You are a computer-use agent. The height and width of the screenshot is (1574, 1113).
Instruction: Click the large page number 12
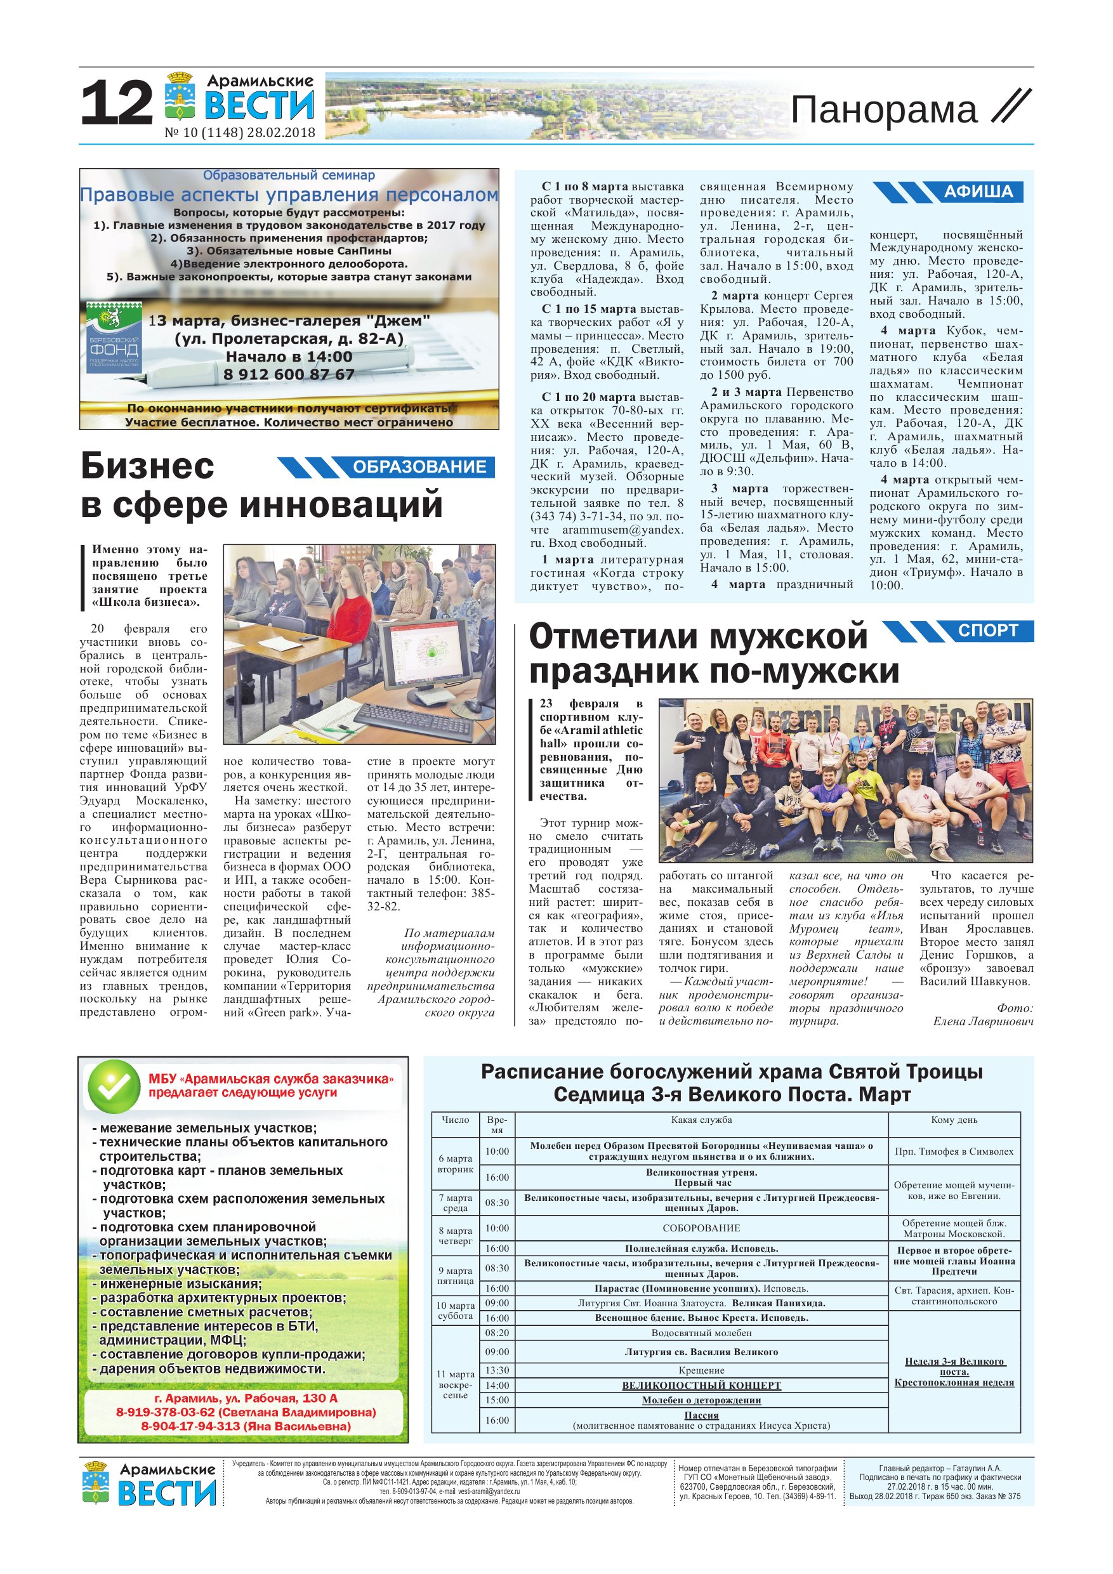117,103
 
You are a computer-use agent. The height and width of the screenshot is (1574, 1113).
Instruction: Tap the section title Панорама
884,110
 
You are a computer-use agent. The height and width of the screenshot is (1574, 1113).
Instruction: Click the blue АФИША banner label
978,192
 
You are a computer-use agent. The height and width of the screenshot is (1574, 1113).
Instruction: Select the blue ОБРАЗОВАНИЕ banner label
419,467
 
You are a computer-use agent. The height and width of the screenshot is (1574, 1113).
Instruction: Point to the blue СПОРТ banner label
987,631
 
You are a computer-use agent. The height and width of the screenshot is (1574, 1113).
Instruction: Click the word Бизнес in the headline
147,466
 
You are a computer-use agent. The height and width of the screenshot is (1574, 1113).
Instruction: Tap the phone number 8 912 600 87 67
289,374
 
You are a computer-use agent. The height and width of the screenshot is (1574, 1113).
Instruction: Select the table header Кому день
954,1120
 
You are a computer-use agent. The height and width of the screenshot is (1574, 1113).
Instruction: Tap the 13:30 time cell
497,1370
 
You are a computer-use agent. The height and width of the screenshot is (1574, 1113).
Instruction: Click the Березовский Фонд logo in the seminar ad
114,338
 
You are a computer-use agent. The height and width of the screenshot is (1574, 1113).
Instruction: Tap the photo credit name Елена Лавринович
982,1021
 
